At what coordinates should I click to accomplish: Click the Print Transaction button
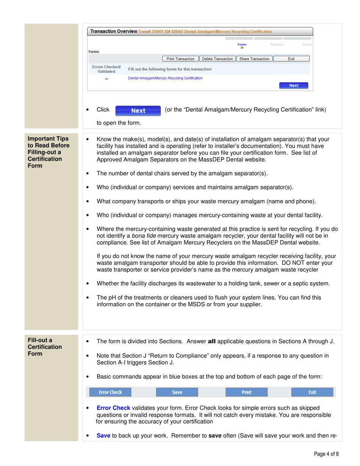[180, 59]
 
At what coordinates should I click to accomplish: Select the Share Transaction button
[254, 59]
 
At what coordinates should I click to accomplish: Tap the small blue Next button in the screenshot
[293, 86]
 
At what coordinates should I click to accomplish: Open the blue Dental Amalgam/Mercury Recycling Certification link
[165, 78]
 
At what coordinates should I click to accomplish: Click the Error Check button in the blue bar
[108, 392]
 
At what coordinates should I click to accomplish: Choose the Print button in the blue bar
[246, 392]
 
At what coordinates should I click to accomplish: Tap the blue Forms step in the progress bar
[242, 45]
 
